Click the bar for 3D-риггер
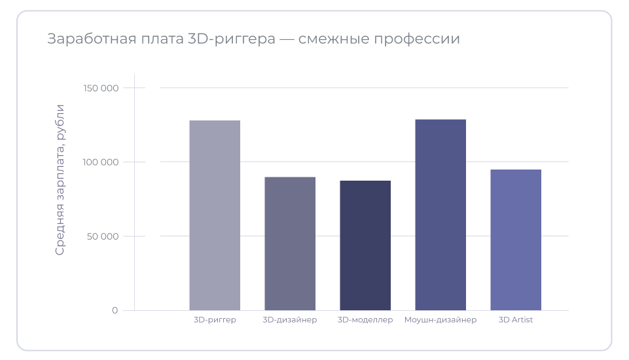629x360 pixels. (215, 215)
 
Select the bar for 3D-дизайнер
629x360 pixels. (290, 243)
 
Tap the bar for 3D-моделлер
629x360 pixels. (365, 245)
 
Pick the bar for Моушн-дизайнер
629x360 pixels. (440, 215)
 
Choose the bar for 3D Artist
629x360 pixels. (516, 240)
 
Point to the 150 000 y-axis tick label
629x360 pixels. (101, 88)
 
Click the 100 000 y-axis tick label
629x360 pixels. (101, 162)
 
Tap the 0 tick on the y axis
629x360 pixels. (115, 310)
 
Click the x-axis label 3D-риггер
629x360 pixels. (215, 320)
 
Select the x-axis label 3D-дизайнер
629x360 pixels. (290, 320)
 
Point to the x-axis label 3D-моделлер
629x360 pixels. (365, 320)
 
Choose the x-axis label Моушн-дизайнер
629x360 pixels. (440, 320)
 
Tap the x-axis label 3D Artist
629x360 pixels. (516, 320)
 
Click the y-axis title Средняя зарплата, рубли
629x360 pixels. (60, 179)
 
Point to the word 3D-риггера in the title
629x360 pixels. (232, 39)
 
